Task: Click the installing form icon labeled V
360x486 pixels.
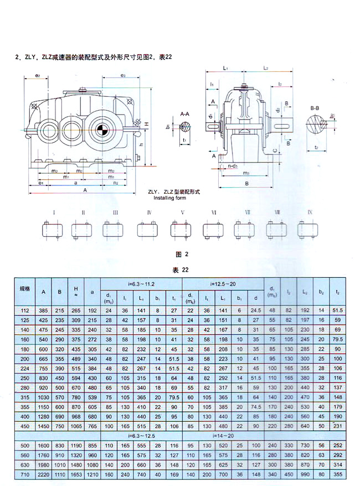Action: [x=182, y=229]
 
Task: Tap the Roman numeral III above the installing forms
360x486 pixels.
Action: [x=115, y=213]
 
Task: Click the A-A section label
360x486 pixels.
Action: [x=186, y=112]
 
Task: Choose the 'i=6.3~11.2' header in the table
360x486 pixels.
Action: [x=142, y=283]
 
